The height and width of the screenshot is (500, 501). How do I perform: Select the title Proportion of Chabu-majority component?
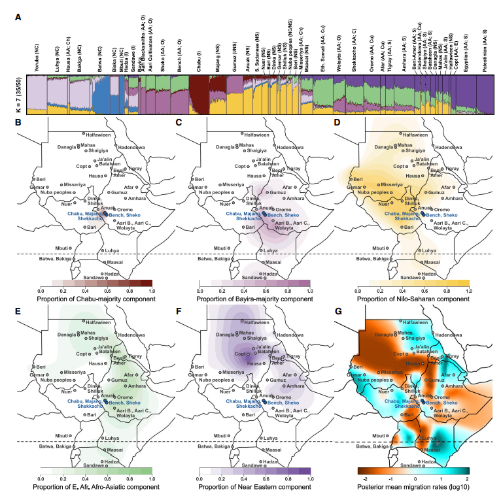[95, 299]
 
